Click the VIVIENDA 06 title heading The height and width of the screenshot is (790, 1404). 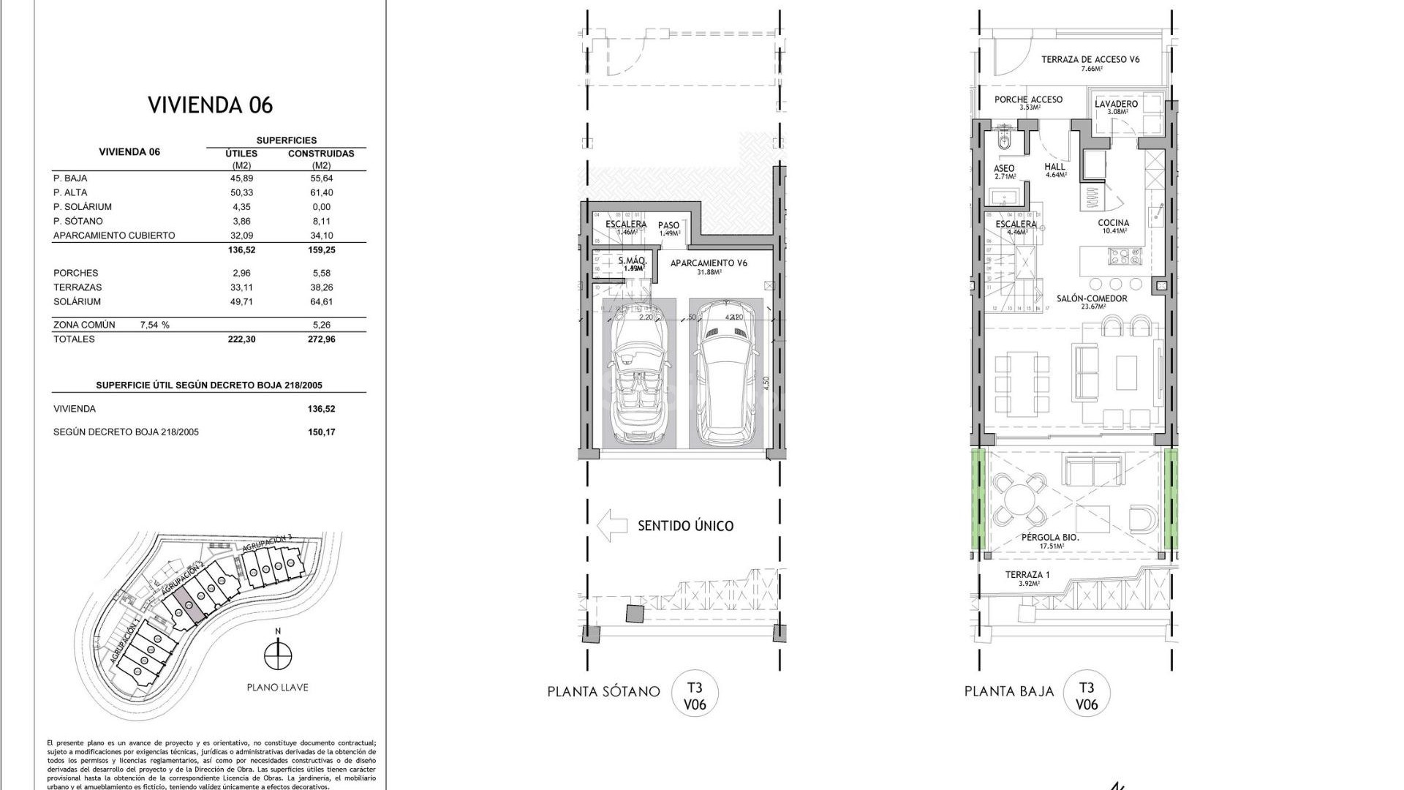[x=210, y=105]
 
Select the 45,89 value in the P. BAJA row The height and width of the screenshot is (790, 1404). [x=242, y=178]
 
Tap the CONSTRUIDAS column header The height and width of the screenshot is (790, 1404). [x=321, y=154]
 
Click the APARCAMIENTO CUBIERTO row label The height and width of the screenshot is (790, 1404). [x=114, y=236]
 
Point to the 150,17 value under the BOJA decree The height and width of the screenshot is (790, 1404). [x=322, y=432]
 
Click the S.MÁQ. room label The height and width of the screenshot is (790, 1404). [x=633, y=261]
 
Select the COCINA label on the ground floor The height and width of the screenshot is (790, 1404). [x=1113, y=223]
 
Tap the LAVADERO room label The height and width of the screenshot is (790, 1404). [x=1116, y=104]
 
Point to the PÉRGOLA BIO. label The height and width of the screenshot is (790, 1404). [x=1050, y=538]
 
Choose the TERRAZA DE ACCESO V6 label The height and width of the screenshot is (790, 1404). [x=1090, y=60]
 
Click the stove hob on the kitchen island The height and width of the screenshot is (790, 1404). [x=1125, y=256]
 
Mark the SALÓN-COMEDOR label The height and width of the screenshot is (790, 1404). [x=1092, y=298]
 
